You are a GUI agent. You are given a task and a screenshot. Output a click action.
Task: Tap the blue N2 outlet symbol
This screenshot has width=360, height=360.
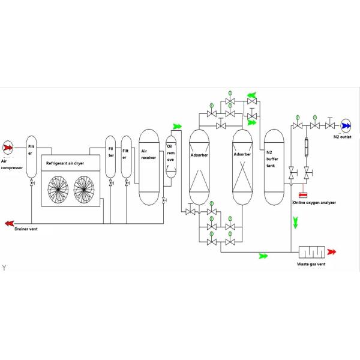347,126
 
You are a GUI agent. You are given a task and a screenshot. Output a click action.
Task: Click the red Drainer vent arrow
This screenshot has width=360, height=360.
9,223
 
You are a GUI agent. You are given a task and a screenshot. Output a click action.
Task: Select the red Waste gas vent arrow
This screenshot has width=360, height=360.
331,252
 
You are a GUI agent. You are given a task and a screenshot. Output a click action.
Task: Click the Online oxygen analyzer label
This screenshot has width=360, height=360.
314,203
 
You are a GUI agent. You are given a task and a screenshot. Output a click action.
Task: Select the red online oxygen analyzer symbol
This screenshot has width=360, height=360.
303,195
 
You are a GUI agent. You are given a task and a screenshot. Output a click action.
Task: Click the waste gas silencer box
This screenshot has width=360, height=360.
312,251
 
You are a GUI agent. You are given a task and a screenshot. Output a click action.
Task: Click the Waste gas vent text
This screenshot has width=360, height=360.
312,264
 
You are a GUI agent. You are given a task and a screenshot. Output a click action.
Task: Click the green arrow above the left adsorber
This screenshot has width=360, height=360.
177,127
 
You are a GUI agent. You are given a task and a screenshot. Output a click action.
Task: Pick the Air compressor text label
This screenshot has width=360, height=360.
11,164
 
